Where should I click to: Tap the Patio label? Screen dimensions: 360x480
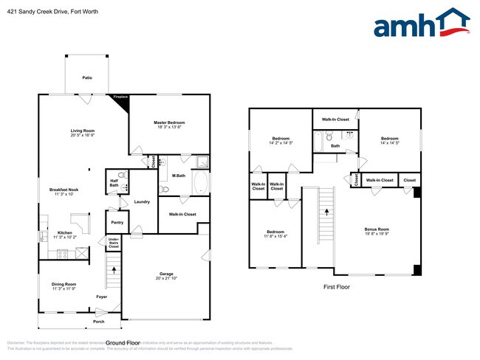(x=87, y=77)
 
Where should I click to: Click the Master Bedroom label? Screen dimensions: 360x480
(x=169, y=125)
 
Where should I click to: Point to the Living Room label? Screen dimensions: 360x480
(x=83, y=134)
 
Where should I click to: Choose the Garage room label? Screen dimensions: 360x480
(x=167, y=275)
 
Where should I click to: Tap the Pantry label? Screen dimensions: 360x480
(x=117, y=221)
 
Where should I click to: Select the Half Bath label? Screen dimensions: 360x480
(x=115, y=183)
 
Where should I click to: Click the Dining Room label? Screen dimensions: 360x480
(x=64, y=286)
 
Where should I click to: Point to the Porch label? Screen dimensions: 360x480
(x=98, y=322)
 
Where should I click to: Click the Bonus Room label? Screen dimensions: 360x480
(x=377, y=232)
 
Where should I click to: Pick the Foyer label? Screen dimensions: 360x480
(x=101, y=297)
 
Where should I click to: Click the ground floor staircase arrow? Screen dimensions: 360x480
(x=114, y=270)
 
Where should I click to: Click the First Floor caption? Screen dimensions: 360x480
(x=337, y=286)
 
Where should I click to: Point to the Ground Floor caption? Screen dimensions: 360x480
(x=123, y=343)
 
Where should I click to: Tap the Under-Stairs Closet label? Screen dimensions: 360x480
(x=114, y=243)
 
